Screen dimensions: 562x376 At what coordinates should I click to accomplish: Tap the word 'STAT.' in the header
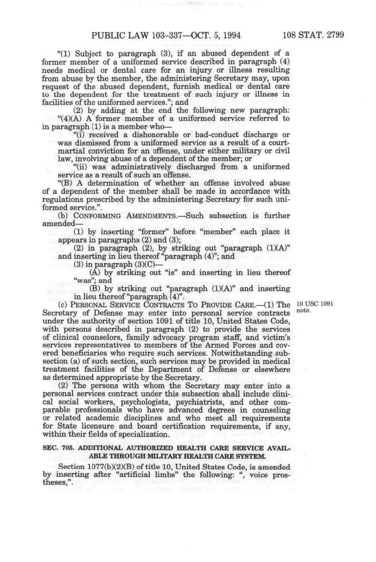312,35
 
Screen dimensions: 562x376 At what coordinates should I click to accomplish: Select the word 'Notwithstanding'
241,353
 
